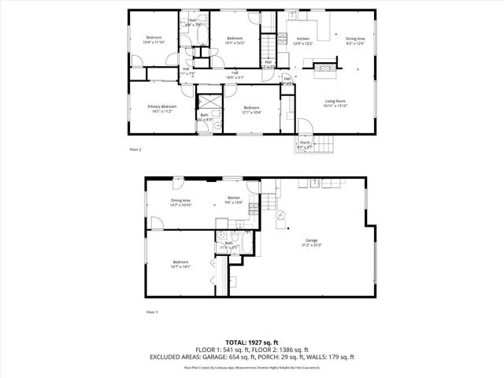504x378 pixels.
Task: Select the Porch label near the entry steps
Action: tap(304, 144)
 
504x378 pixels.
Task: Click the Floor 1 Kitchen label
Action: tap(234, 199)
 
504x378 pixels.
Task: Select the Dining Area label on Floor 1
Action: tap(181, 202)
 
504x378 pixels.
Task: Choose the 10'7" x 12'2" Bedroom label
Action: tap(235, 39)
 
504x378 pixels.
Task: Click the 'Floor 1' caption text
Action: tap(153, 313)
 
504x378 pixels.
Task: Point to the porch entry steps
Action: tap(325, 145)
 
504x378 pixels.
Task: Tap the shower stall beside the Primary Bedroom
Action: tap(209, 103)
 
